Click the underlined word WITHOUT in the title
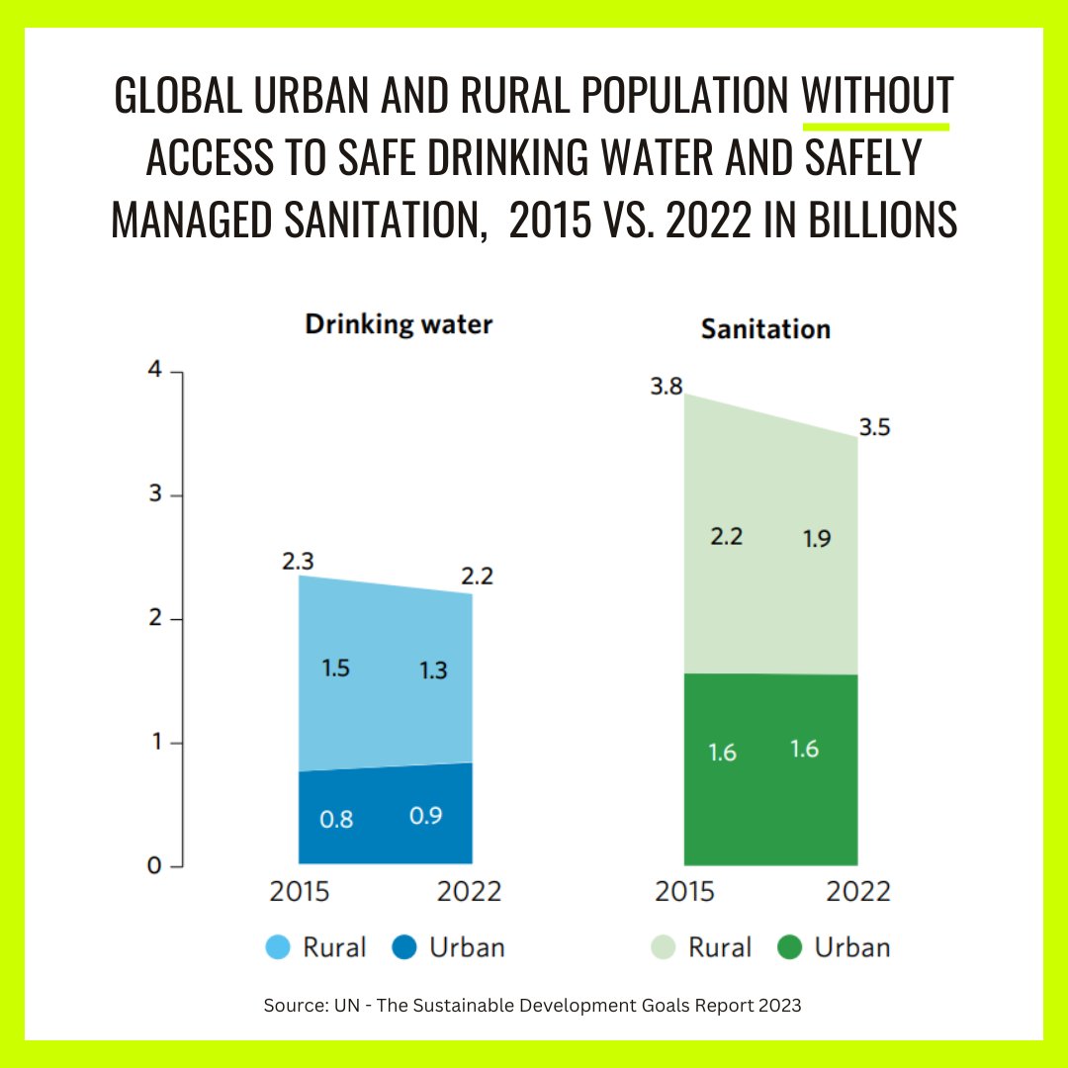coord(876,96)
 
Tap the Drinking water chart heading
coord(398,324)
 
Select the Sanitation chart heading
coord(765,329)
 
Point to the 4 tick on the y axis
coord(153,371)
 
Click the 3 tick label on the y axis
coord(153,495)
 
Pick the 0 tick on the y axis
coord(153,865)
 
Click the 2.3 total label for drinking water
coord(298,562)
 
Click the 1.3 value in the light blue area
coord(432,669)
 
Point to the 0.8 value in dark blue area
coord(336,819)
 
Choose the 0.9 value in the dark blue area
coord(425,816)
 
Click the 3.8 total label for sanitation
coord(667,387)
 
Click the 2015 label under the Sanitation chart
coord(684,891)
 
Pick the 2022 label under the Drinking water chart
coord(469,891)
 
